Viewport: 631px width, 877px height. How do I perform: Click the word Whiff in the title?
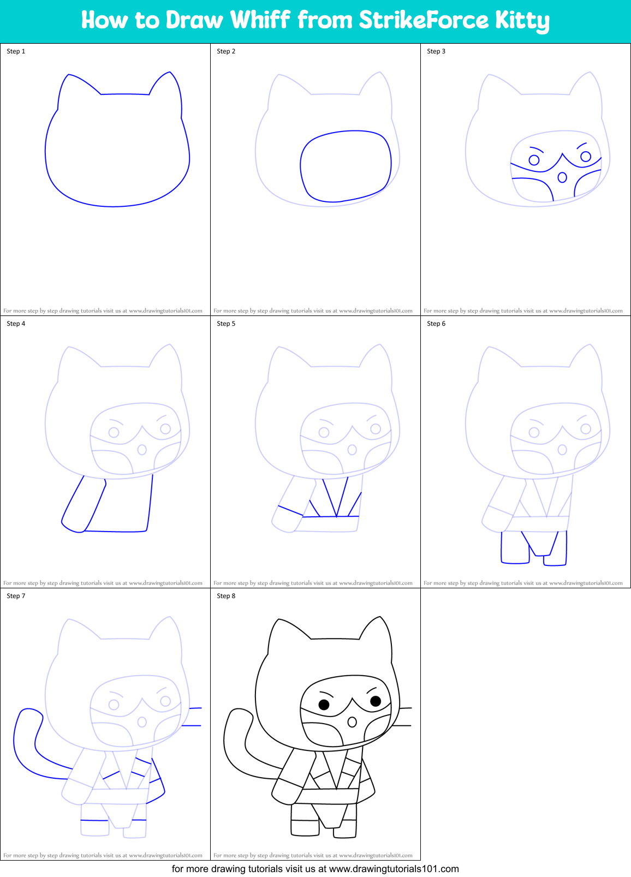click(260, 20)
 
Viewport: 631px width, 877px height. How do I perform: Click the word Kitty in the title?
click(522, 21)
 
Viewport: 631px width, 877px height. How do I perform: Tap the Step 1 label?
click(16, 51)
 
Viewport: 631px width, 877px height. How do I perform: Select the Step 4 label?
click(16, 324)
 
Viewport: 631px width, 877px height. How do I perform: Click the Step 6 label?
click(436, 324)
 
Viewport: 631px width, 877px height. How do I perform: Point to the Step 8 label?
click(226, 596)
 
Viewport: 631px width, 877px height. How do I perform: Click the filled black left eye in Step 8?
click(324, 705)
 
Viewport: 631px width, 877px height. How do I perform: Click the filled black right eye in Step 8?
click(376, 701)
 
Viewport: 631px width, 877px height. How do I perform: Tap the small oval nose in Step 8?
click(352, 722)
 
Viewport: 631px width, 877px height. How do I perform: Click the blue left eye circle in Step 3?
click(534, 160)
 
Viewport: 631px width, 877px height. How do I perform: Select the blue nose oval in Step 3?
click(562, 177)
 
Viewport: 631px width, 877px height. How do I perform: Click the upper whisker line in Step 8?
click(406, 708)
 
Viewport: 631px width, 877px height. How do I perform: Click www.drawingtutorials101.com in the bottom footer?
click(394, 869)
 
